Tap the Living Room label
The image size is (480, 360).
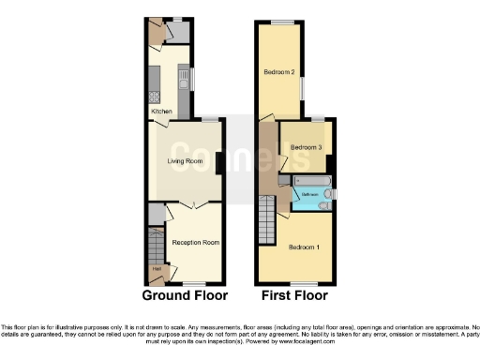coord(186,161)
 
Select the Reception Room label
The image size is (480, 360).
coord(195,243)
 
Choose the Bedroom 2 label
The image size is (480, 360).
coord(278,72)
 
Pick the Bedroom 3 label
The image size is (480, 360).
coord(306,147)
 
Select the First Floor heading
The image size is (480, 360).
coord(294,295)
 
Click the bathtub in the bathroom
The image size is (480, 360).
coord(310,179)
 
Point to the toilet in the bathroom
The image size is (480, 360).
coord(323,204)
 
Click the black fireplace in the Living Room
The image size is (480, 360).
coord(218,161)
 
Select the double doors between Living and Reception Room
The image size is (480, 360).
coord(195,204)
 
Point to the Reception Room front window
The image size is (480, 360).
coord(195,283)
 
